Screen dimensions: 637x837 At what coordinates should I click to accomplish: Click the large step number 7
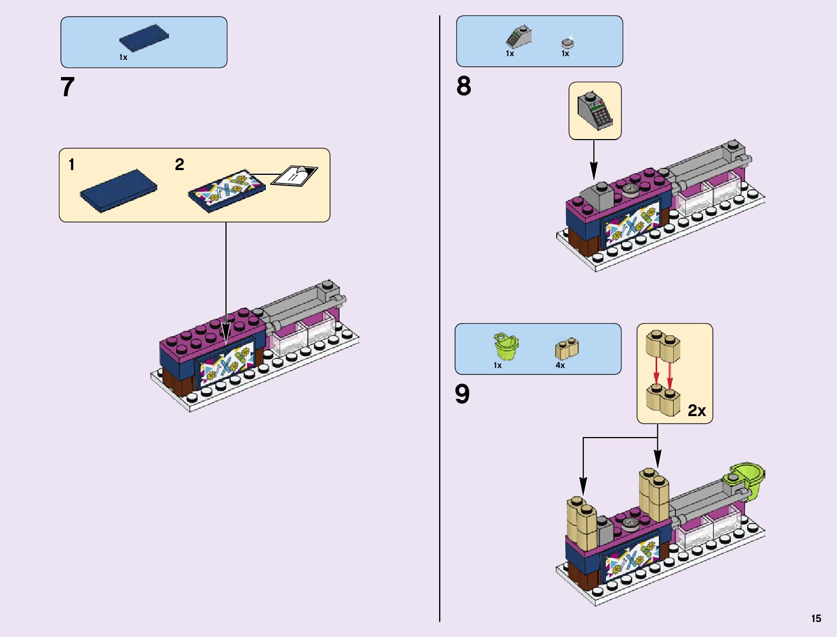pyautogui.click(x=67, y=87)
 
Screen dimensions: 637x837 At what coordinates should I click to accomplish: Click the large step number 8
pyautogui.click(x=464, y=86)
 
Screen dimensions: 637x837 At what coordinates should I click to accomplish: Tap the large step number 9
pyautogui.click(x=462, y=394)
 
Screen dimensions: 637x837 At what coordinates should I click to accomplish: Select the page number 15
pyautogui.click(x=816, y=618)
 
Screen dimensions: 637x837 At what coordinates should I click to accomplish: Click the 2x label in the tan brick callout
pyautogui.click(x=696, y=410)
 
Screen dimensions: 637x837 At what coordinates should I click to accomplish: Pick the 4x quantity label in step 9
pyautogui.click(x=560, y=365)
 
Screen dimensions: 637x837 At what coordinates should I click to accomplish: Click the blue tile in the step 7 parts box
pyautogui.click(x=144, y=38)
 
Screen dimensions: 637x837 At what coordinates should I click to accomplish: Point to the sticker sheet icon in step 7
pyautogui.click(x=294, y=175)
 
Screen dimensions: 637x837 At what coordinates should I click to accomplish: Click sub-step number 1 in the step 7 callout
pyautogui.click(x=72, y=165)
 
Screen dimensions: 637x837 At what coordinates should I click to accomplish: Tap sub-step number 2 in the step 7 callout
pyautogui.click(x=180, y=165)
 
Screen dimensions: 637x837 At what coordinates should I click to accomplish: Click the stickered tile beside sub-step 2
pyautogui.click(x=227, y=190)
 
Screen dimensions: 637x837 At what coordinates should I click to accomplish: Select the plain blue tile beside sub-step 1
pyautogui.click(x=119, y=190)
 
